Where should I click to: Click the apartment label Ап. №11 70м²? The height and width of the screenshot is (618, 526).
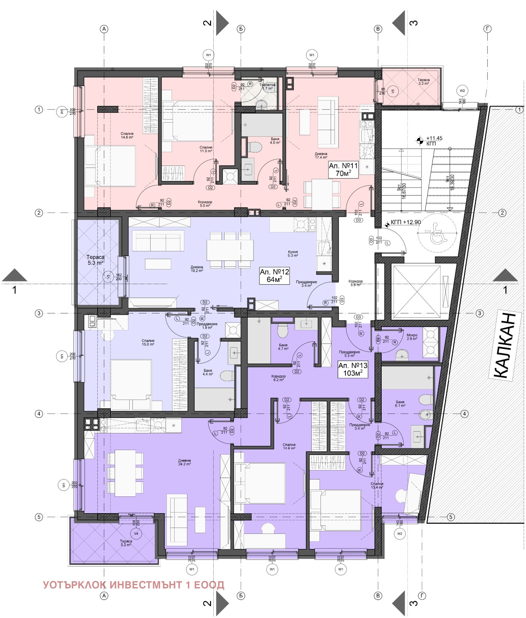click(x=343, y=170)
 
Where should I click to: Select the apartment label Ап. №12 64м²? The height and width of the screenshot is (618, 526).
click(x=274, y=276)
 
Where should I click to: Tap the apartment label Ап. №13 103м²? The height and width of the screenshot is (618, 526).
click(x=352, y=369)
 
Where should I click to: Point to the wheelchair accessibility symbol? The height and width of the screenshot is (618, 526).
click(x=437, y=233)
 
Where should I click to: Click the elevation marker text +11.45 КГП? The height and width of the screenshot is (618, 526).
click(x=434, y=141)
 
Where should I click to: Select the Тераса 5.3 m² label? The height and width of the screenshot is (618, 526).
click(x=95, y=260)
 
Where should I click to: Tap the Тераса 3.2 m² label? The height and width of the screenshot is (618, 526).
click(x=423, y=81)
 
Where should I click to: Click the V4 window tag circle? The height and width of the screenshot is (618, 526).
click(x=136, y=533)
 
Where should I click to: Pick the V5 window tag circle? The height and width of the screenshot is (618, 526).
click(x=393, y=91)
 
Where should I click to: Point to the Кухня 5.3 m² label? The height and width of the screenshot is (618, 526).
click(x=293, y=253)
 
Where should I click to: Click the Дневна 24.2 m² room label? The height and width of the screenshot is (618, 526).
click(x=184, y=462)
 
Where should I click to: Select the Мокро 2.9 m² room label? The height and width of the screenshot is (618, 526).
click(x=412, y=337)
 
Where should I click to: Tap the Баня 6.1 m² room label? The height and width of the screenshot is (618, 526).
click(x=400, y=403)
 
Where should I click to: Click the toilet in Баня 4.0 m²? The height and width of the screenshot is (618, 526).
click(x=254, y=147)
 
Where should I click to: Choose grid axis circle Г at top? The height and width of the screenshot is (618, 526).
click(x=487, y=29)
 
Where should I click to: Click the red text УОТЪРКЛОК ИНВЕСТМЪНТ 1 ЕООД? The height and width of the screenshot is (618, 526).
click(x=133, y=584)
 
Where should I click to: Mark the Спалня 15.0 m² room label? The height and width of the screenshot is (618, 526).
click(x=148, y=342)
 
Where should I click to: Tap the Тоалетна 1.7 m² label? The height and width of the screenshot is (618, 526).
click(x=267, y=86)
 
